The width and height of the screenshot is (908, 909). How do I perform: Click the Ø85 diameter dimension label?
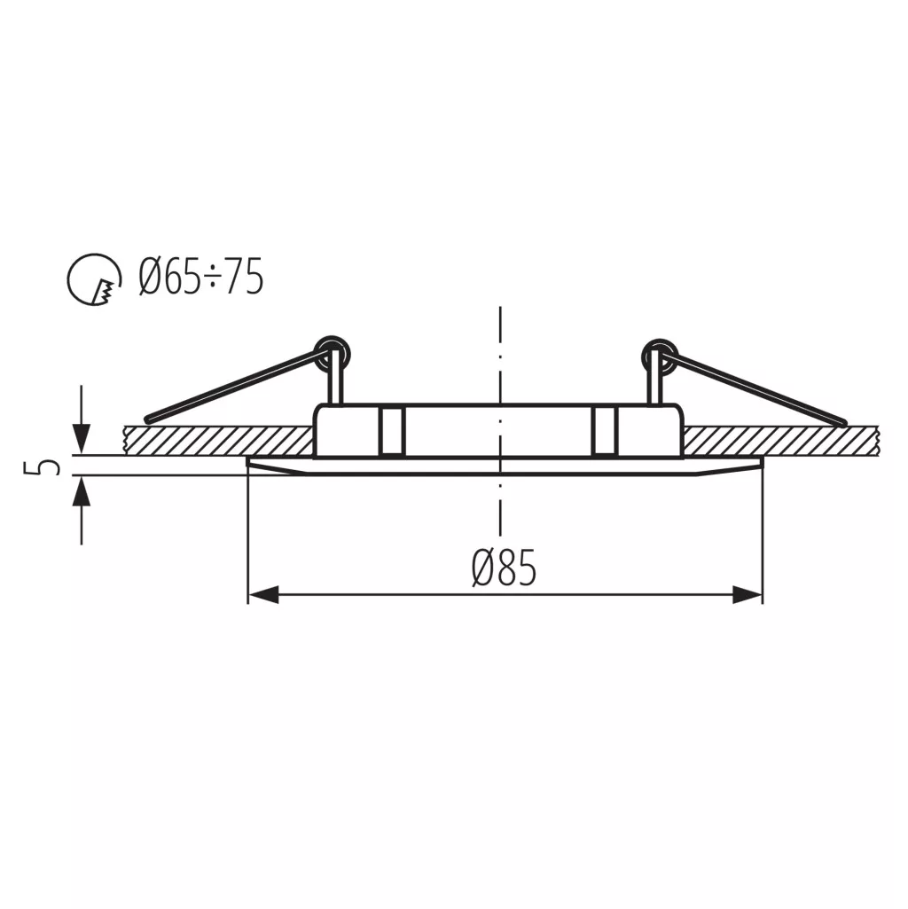(504, 568)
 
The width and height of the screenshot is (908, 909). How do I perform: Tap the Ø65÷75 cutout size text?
(201, 276)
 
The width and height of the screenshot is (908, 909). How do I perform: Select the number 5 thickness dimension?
(42, 466)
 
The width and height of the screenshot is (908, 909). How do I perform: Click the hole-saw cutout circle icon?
(95, 279)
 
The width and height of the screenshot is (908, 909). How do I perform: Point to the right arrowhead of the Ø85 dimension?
(748, 594)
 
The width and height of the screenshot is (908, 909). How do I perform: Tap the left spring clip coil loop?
(333, 354)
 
